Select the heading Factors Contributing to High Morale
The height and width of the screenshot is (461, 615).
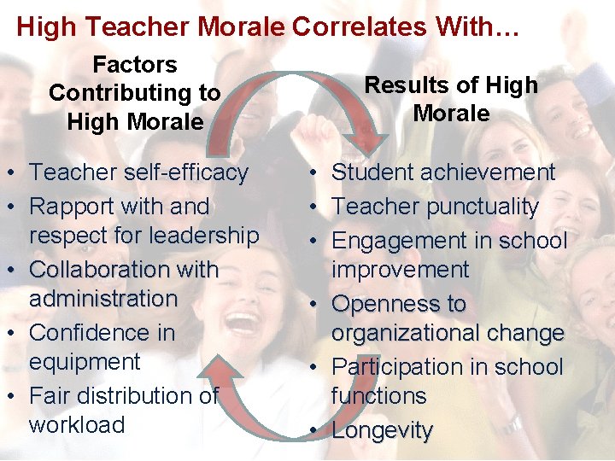point(134,93)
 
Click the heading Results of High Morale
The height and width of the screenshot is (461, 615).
point(451,99)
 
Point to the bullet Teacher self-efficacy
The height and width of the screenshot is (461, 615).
point(138,172)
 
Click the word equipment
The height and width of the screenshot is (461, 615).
point(85,362)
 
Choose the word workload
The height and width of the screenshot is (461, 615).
point(77,425)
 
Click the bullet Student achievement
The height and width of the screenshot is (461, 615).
point(443,172)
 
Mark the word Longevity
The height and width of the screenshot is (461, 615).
point(382,431)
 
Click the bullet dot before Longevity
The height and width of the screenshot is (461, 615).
point(316,431)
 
